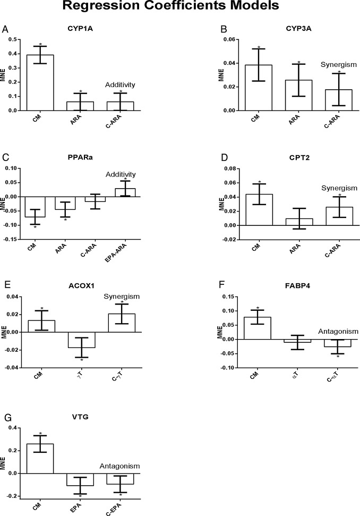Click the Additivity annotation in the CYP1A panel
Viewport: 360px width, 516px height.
pyautogui.click(x=119, y=84)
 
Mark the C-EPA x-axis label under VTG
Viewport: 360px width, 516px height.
pyautogui.click(x=119, y=507)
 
